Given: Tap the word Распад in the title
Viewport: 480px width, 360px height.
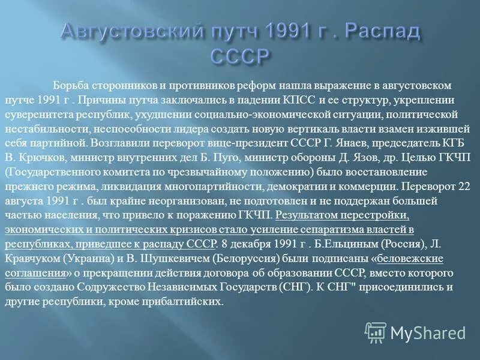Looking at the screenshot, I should (379, 32).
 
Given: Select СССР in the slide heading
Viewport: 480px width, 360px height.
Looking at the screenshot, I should (239, 57).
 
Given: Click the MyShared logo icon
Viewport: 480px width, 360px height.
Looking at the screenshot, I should (376, 332).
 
